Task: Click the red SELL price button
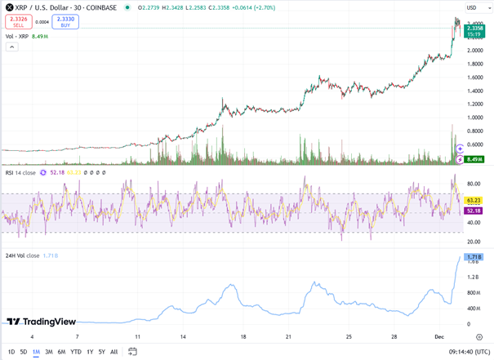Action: pos(18,22)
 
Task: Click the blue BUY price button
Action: pos(65,22)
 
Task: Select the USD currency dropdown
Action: pos(474,7)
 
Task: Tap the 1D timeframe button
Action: pos(11,352)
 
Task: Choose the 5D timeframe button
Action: pos(24,352)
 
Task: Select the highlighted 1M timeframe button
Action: pos(37,352)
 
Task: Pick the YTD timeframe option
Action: pos(76,352)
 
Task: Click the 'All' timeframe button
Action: pos(113,352)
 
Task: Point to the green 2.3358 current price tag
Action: pos(474,28)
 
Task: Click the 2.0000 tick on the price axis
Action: pos(475,51)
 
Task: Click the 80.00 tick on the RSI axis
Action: pos(473,184)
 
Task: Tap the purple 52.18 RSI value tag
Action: pos(474,211)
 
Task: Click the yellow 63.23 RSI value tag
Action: pos(474,200)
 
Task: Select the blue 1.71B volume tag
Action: pos(474,257)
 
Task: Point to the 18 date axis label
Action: pos(243,336)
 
